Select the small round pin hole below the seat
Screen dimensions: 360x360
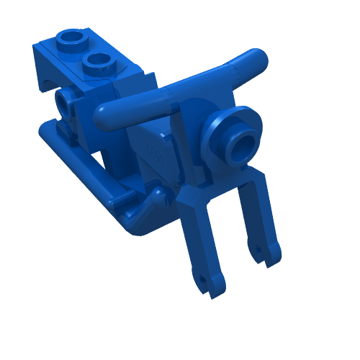click(66, 104)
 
